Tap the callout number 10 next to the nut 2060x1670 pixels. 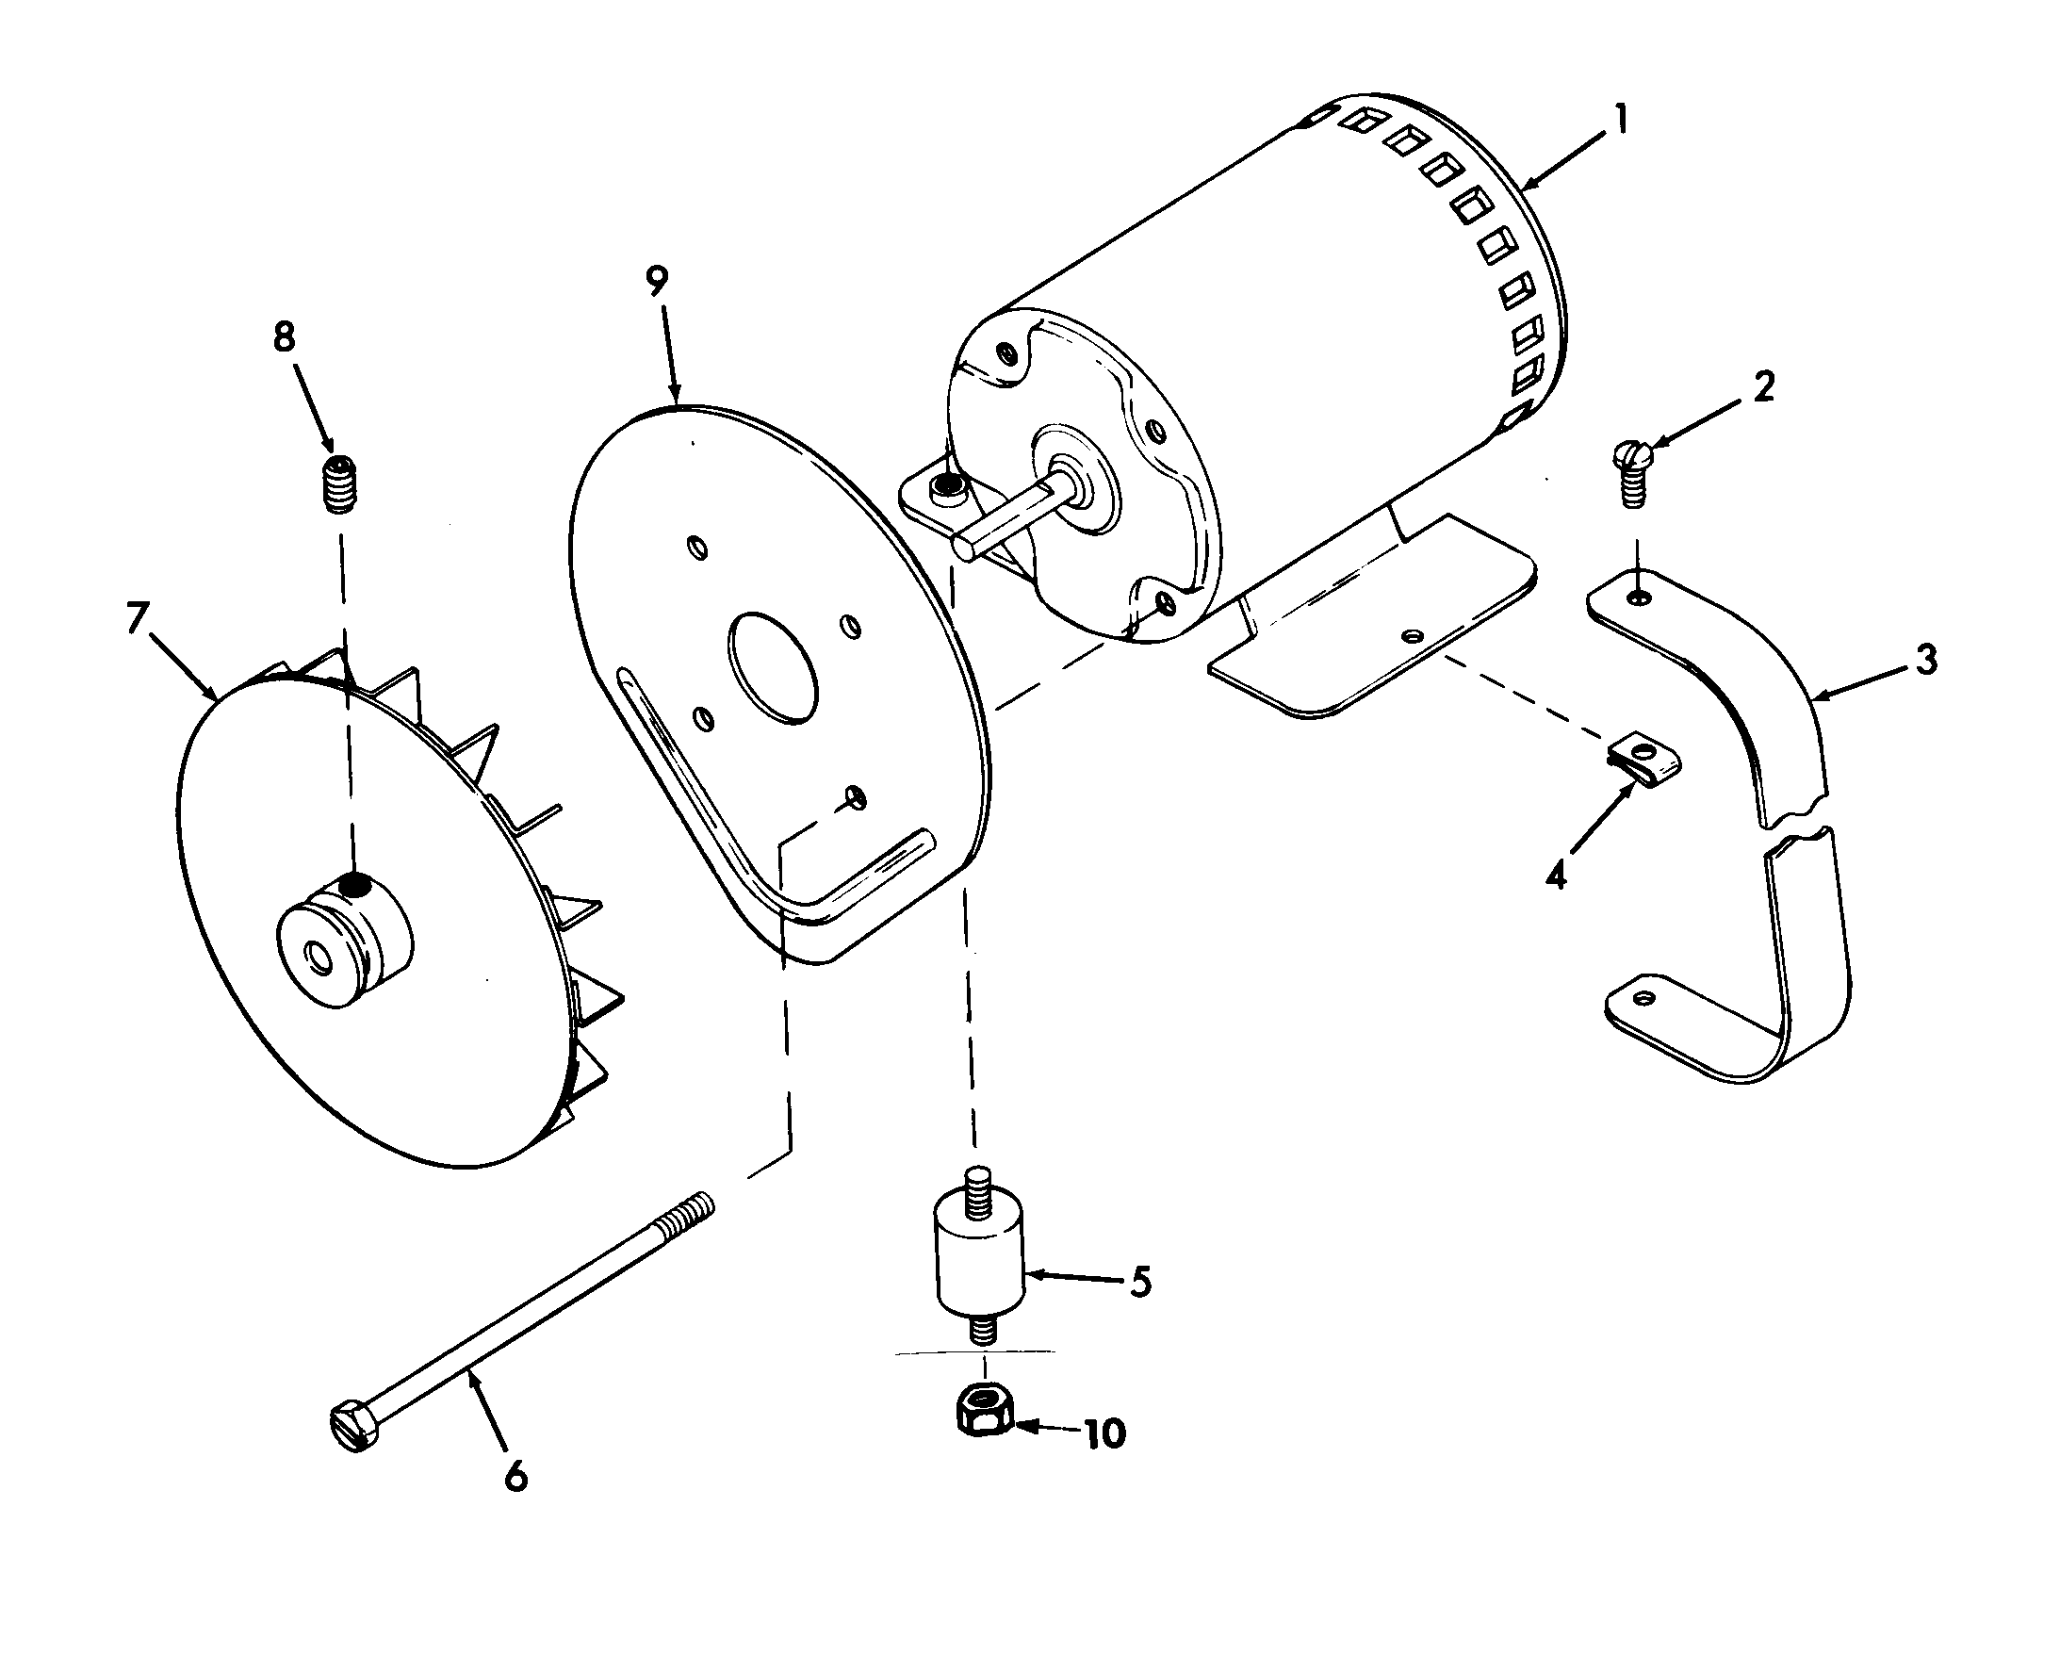[1104, 1434]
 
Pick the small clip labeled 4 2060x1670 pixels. [1646, 758]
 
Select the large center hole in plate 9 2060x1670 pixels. [774, 667]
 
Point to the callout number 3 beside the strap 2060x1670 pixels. [1925, 660]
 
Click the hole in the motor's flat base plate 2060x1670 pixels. [1412, 636]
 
